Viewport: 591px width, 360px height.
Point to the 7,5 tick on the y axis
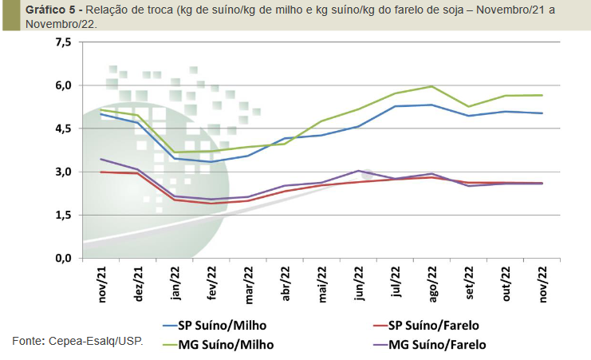(x=63, y=42)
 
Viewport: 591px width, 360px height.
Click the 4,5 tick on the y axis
(x=63, y=129)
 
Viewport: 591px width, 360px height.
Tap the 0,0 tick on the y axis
(x=63, y=259)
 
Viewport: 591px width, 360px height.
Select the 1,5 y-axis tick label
(x=63, y=216)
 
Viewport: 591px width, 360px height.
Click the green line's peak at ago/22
(x=431, y=86)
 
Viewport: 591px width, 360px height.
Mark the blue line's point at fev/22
(x=211, y=162)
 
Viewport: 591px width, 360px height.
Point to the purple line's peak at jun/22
(x=358, y=171)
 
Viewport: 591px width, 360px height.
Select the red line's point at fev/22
(x=211, y=204)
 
